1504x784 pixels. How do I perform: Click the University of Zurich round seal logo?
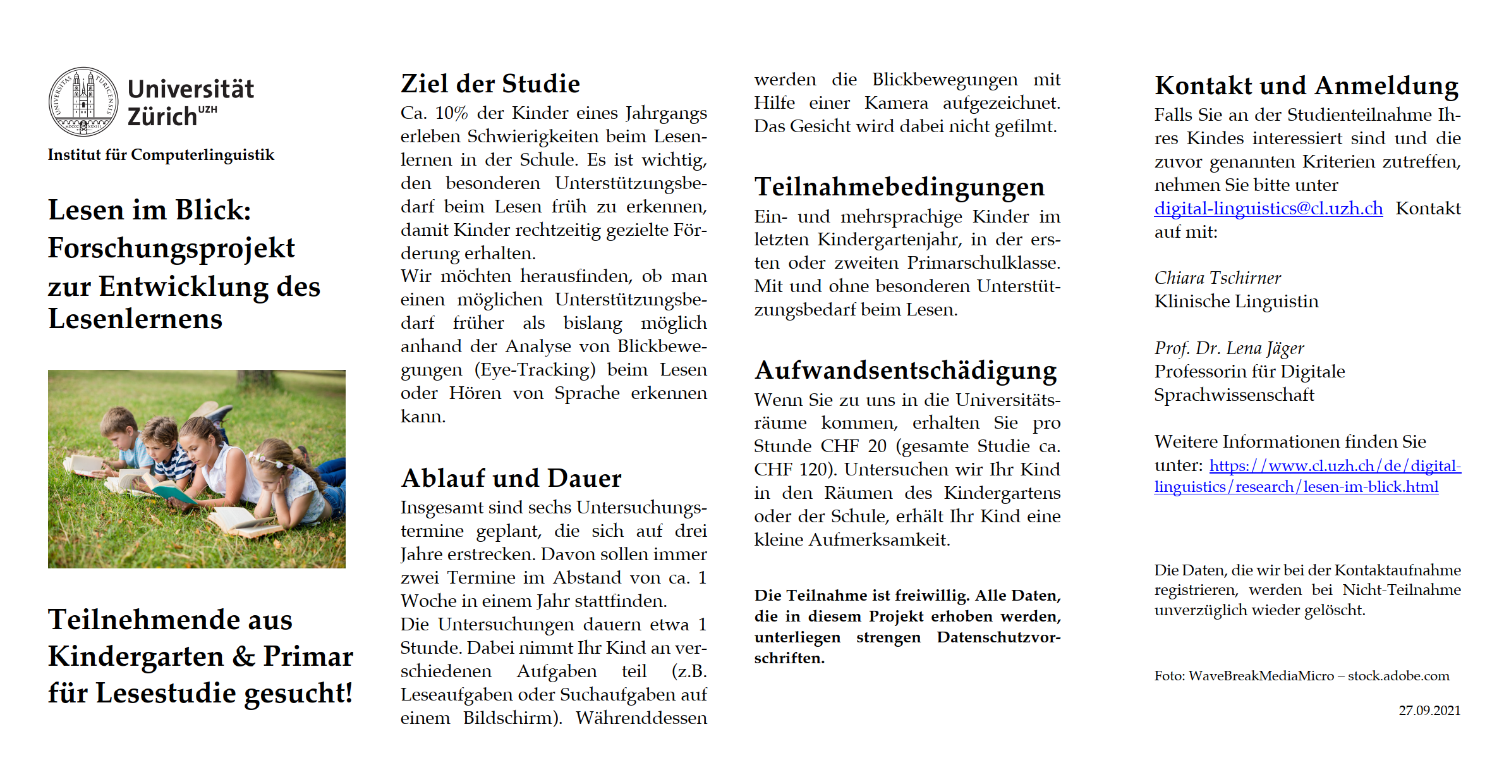tap(83, 102)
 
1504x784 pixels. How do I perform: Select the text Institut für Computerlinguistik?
tap(161, 155)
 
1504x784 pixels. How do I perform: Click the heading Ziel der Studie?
tap(490, 83)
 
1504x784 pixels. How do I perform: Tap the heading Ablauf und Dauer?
tap(511, 478)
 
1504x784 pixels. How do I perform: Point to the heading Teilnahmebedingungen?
tap(899, 187)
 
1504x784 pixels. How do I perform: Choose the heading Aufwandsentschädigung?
tap(906, 370)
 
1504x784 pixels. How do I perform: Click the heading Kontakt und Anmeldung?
tap(1307, 85)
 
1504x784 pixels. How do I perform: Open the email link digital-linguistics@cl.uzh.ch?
tap(1268, 209)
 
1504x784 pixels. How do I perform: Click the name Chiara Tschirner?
tap(1218, 278)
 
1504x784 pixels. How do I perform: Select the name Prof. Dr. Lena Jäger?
tap(1229, 348)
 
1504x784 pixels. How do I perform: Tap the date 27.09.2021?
tap(1429, 711)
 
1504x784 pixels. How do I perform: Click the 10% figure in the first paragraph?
tap(451, 113)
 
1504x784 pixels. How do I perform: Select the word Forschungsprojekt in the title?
tap(171, 248)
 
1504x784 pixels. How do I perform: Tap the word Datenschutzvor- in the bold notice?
tap(998, 637)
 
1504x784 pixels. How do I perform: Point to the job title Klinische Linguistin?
tap(1237, 302)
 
